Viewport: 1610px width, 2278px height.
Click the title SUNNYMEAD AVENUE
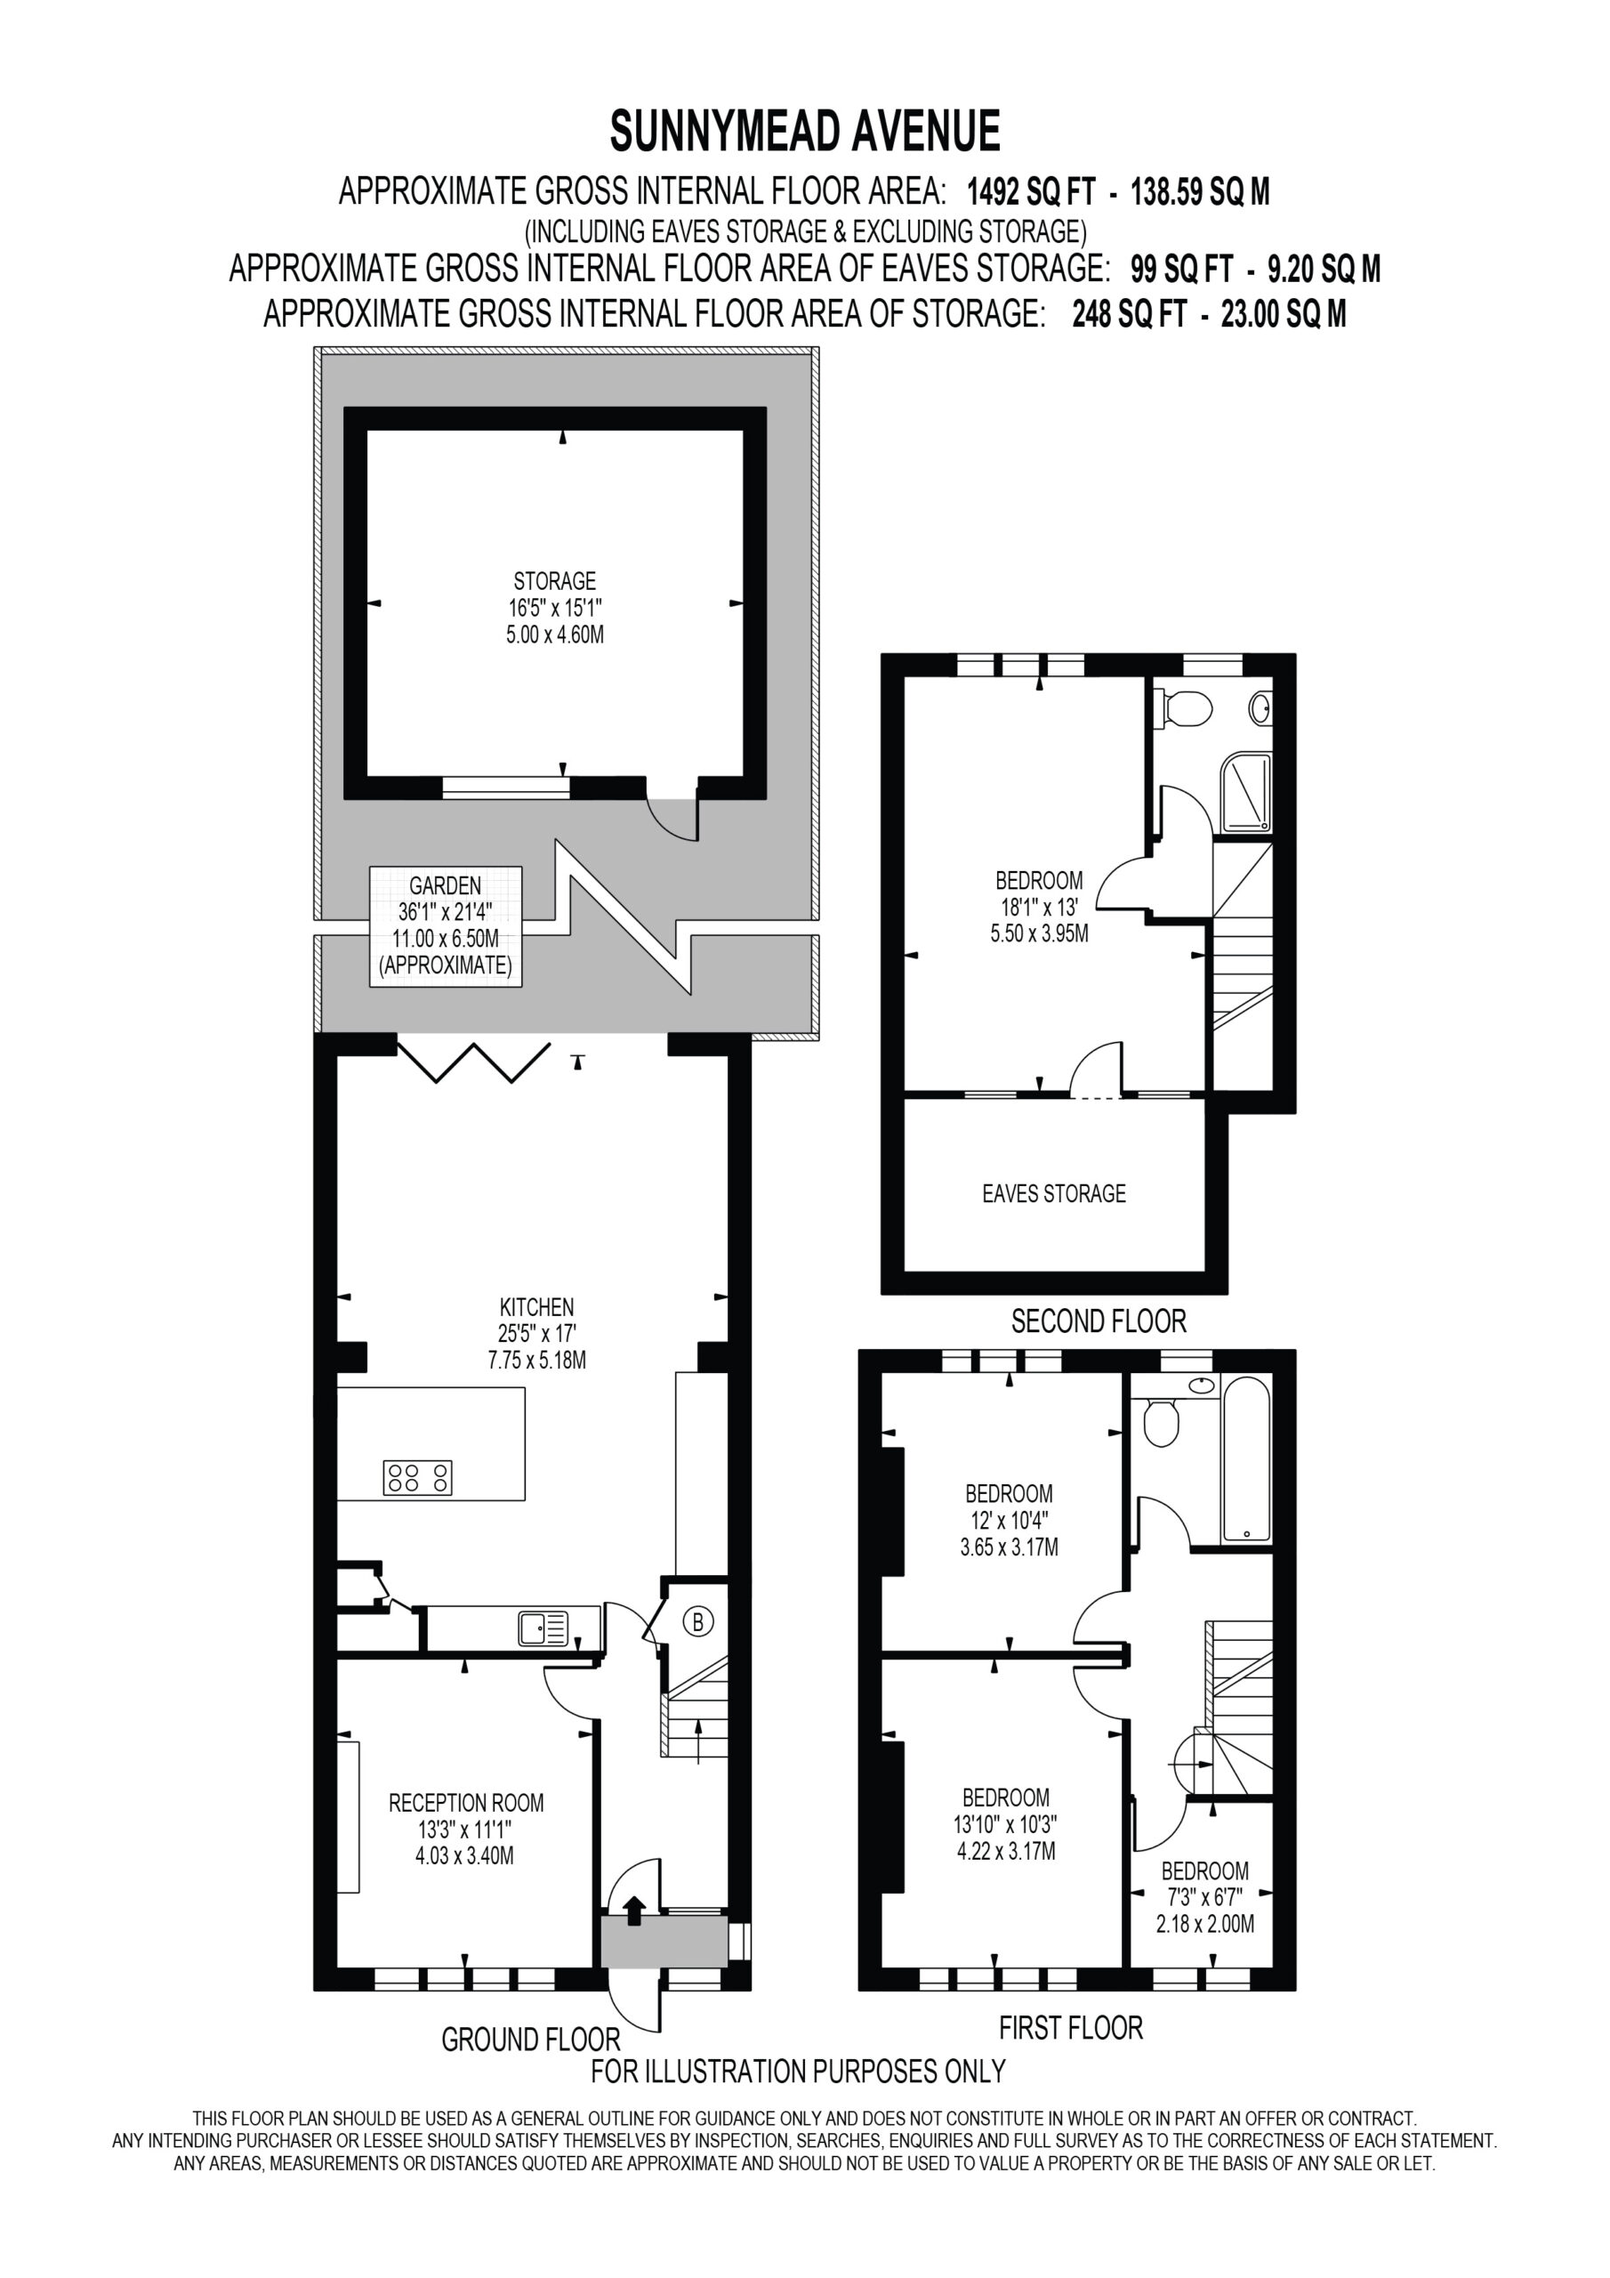coord(804,131)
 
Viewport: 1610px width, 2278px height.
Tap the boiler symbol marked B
coord(698,1622)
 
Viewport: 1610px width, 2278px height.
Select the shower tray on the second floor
coord(1246,793)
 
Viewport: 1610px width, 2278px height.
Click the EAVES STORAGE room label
coord(1053,1193)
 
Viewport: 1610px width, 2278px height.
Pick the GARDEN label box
coord(446,925)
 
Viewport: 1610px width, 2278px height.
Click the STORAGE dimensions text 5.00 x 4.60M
coord(554,635)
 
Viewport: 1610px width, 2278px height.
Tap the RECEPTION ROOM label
coord(466,1803)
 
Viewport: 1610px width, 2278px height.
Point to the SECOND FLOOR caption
coord(1099,1321)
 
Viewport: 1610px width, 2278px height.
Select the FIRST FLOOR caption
coord(1070,2028)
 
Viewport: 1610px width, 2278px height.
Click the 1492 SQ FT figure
coord(1032,191)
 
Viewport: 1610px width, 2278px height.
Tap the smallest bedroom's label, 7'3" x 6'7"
coord(1204,1898)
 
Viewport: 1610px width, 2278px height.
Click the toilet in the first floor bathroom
coord(1161,1422)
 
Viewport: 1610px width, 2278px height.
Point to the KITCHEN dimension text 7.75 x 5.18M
coord(536,1361)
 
